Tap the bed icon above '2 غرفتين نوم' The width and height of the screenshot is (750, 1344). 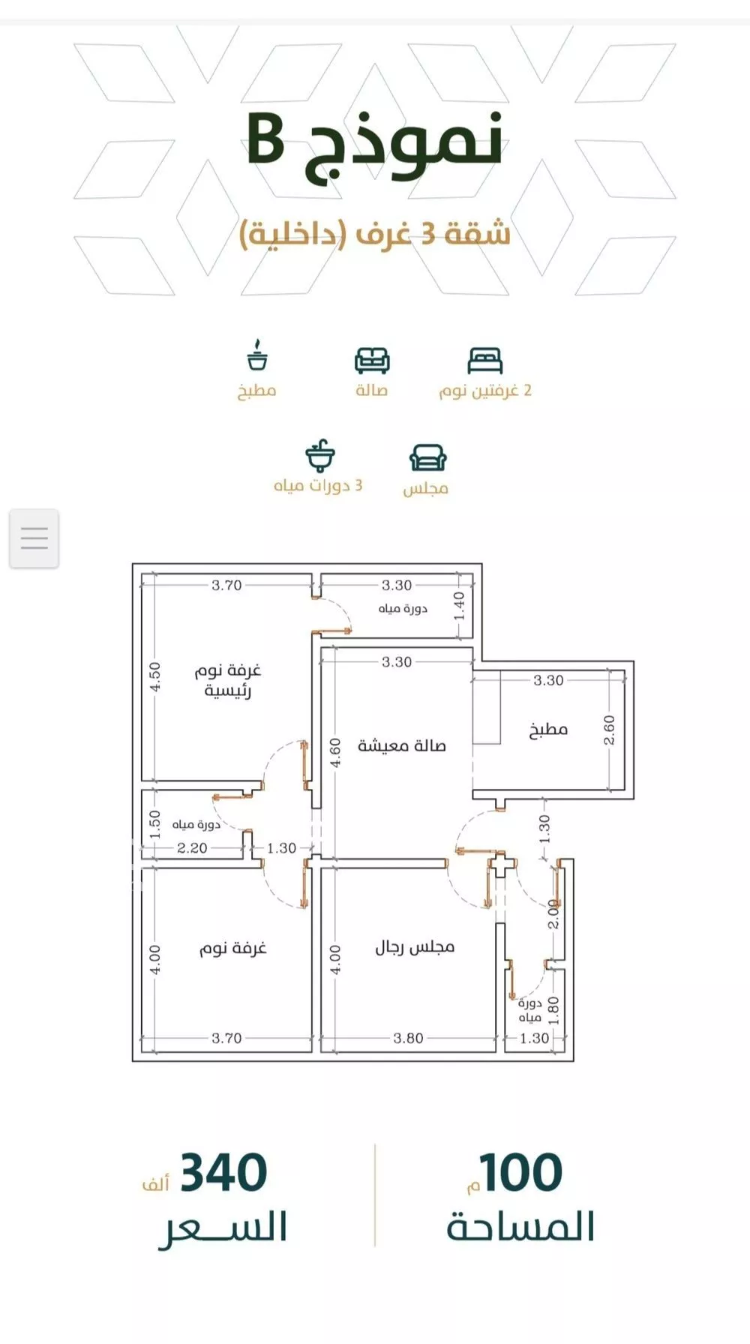coord(484,361)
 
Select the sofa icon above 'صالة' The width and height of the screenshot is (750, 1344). coord(372,361)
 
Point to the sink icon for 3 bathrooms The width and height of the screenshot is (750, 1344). coord(320,455)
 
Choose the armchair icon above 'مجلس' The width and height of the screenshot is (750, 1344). coord(427,457)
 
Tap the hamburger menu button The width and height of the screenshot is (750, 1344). coord(34,538)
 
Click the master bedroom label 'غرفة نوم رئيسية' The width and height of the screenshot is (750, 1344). coord(228,680)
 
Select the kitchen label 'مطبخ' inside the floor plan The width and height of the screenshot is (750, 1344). coord(548,730)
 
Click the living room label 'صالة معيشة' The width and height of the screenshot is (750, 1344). coord(402,745)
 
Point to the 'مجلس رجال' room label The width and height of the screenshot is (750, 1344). coord(415,947)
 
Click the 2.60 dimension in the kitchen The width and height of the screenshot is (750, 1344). coord(609,730)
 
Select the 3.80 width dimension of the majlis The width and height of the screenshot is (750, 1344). coord(409,1038)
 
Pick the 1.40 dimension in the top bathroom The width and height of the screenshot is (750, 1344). coord(459,606)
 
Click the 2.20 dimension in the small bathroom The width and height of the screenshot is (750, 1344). coord(192,848)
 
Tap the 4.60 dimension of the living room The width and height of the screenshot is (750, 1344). coord(335,752)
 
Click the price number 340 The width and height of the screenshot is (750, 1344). coord(223,1173)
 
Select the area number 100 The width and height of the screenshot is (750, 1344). coord(521,1173)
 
